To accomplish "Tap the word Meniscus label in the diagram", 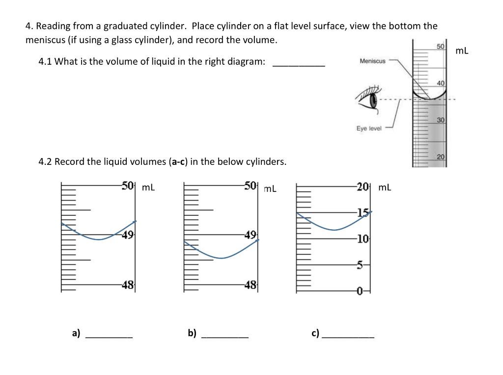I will tap(372, 61).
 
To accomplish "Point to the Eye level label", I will tap(369, 129).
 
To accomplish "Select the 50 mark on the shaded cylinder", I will tap(441, 46).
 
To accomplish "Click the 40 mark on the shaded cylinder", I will tap(441, 83).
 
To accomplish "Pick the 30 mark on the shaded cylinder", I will tap(441, 120).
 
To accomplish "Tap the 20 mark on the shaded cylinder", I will tap(441, 157).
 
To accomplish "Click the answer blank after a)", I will tap(109, 336).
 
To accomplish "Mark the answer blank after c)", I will tap(348, 336).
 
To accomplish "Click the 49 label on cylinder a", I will tap(128, 235).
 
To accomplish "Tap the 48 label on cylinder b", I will tap(251, 284).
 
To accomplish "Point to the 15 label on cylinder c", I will tap(363, 213).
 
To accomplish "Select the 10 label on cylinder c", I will tap(363, 239).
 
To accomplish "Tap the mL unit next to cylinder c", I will tap(385, 187).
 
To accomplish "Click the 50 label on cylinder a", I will tap(128, 186).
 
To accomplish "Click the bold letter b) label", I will tap(192, 333).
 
